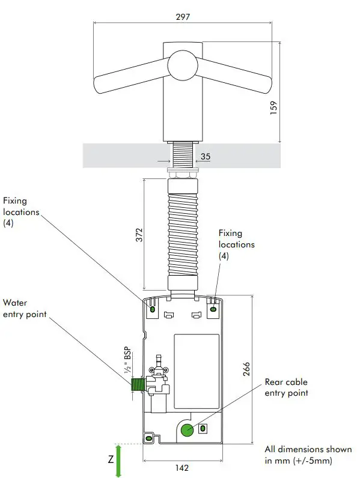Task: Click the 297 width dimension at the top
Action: (x=183, y=16)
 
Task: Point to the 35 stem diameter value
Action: (x=206, y=157)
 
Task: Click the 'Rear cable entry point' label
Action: (x=287, y=387)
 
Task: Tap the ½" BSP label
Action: (x=128, y=362)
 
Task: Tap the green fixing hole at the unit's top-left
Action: (x=152, y=309)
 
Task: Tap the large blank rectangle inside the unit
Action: (x=197, y=363)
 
